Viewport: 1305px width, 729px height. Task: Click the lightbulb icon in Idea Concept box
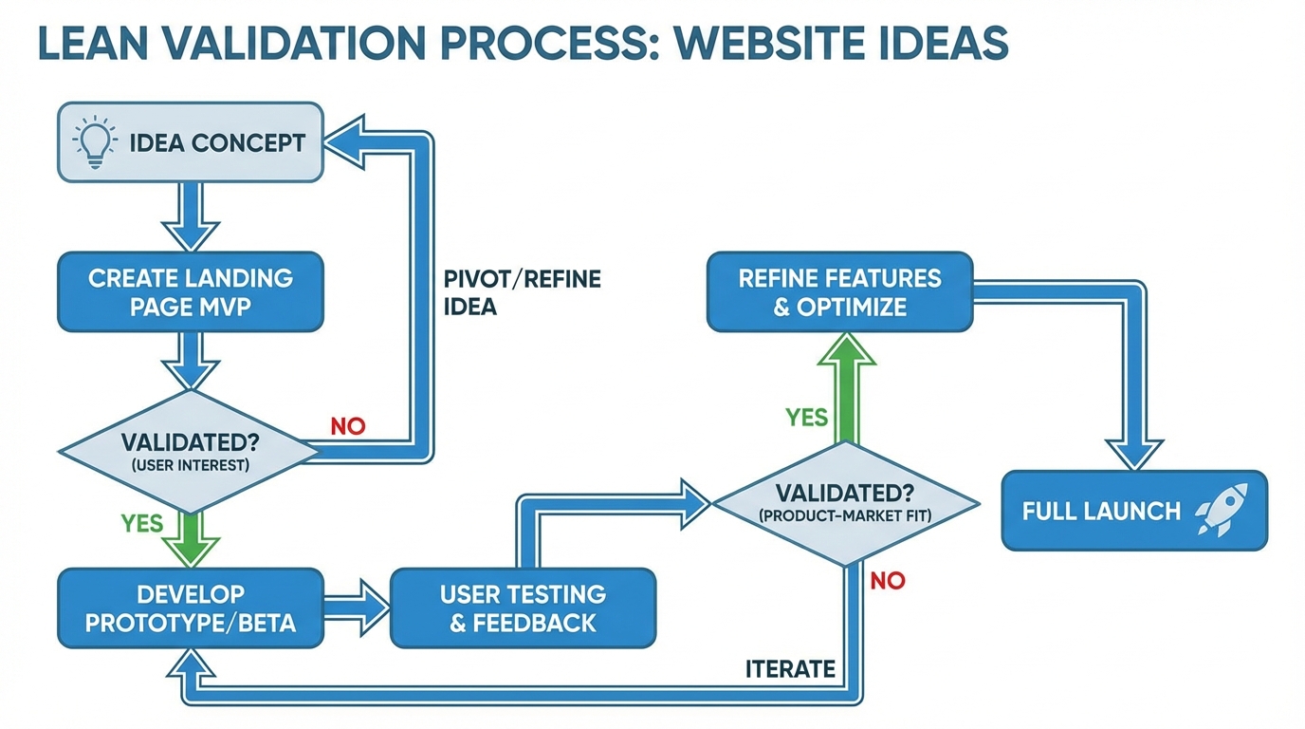pos(95,143)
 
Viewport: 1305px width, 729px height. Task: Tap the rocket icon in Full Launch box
pos(1222,510)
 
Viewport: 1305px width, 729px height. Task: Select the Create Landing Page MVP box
pos(191,291)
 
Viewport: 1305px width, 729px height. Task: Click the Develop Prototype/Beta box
pos(191,608)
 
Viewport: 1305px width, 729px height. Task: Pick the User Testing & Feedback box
pos(523,608)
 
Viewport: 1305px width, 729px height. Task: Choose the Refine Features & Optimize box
pos(839,291)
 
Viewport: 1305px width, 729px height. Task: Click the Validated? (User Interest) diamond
pos(191,452)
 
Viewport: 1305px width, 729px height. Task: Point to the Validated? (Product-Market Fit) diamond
pos(845,503)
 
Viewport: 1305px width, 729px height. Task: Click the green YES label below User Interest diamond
pos(142,523)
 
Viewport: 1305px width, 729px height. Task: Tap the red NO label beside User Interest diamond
pos(348,426)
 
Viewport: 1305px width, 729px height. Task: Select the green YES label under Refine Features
pos(807,417)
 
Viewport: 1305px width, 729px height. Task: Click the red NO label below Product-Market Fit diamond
pos(887,580)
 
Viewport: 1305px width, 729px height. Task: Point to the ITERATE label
pos(790,669)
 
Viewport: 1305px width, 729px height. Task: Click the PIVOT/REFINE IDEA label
pos(522,292)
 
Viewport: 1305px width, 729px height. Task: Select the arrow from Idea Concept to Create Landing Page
pos(191,217)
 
